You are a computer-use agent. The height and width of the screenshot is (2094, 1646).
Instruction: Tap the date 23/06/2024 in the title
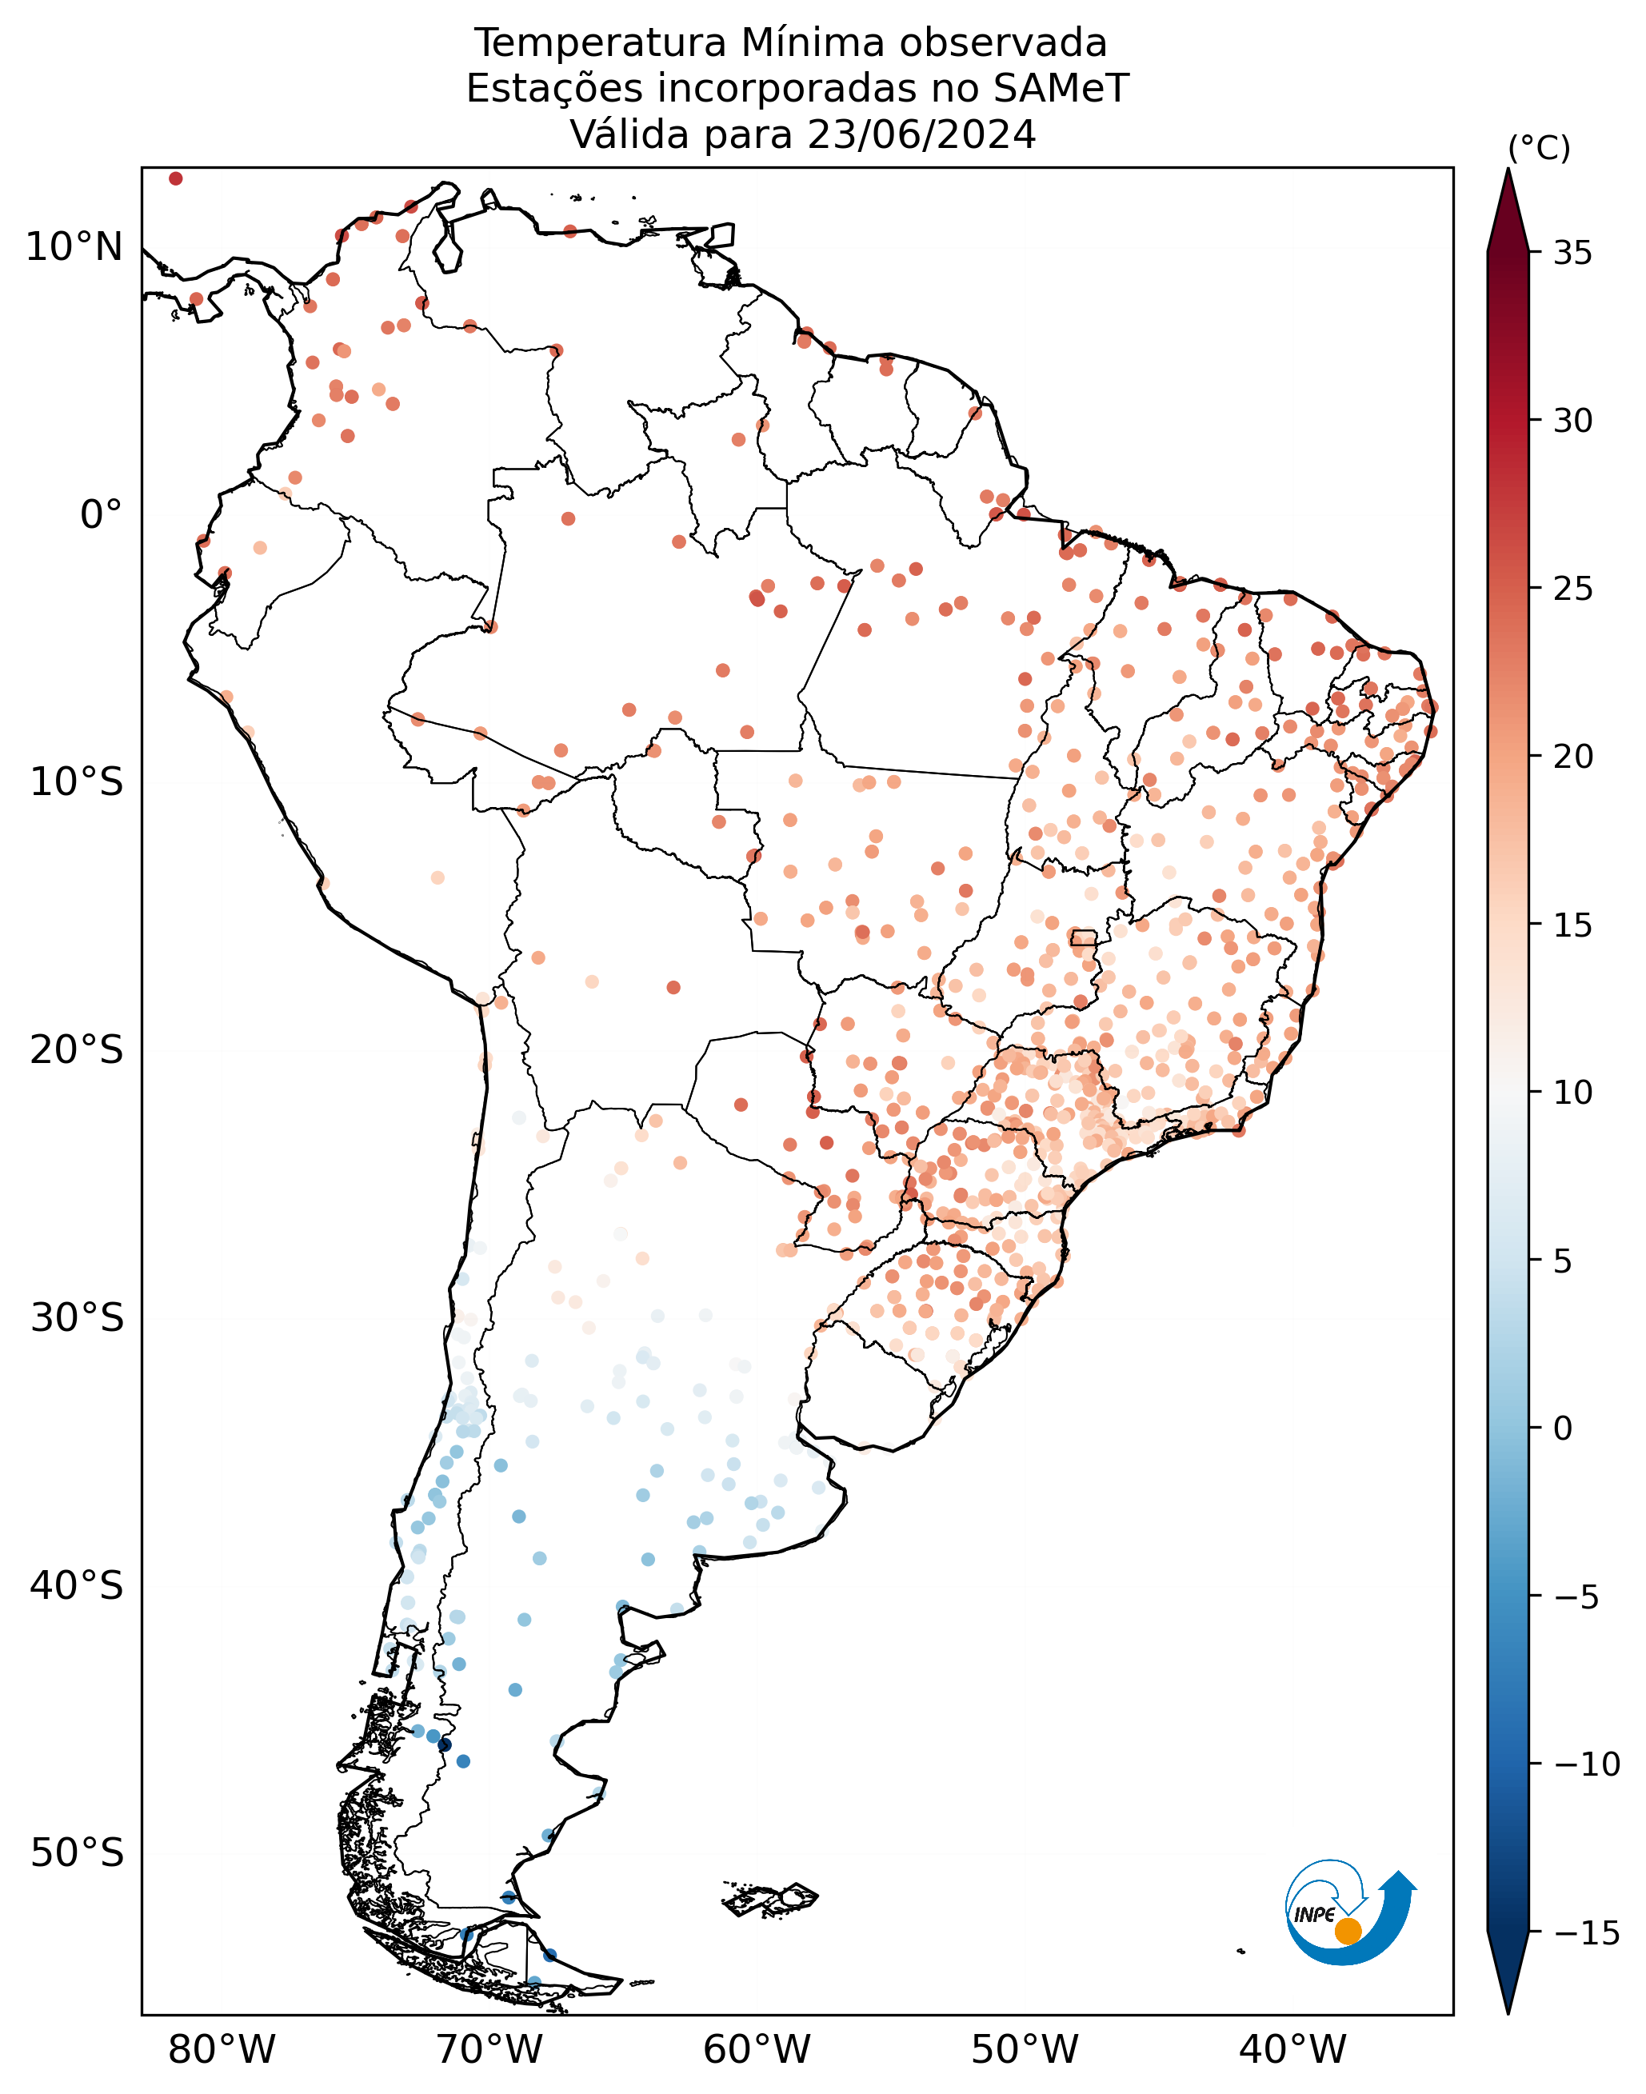(x=922, y=135)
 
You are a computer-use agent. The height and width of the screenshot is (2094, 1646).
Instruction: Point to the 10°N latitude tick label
(x=74, y=248)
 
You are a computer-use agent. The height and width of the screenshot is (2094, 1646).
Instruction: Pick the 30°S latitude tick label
(x=77, y=1317)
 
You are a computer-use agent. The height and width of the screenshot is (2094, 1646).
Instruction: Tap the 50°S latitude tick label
(x=77, y=1852)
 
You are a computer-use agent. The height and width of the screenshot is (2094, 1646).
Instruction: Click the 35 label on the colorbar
(x=1572, y=254)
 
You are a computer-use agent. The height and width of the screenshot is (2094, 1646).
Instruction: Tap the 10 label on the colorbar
(x=1572, y=1093)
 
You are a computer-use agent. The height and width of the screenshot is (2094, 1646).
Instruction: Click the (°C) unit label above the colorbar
(x=1539, y=149)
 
